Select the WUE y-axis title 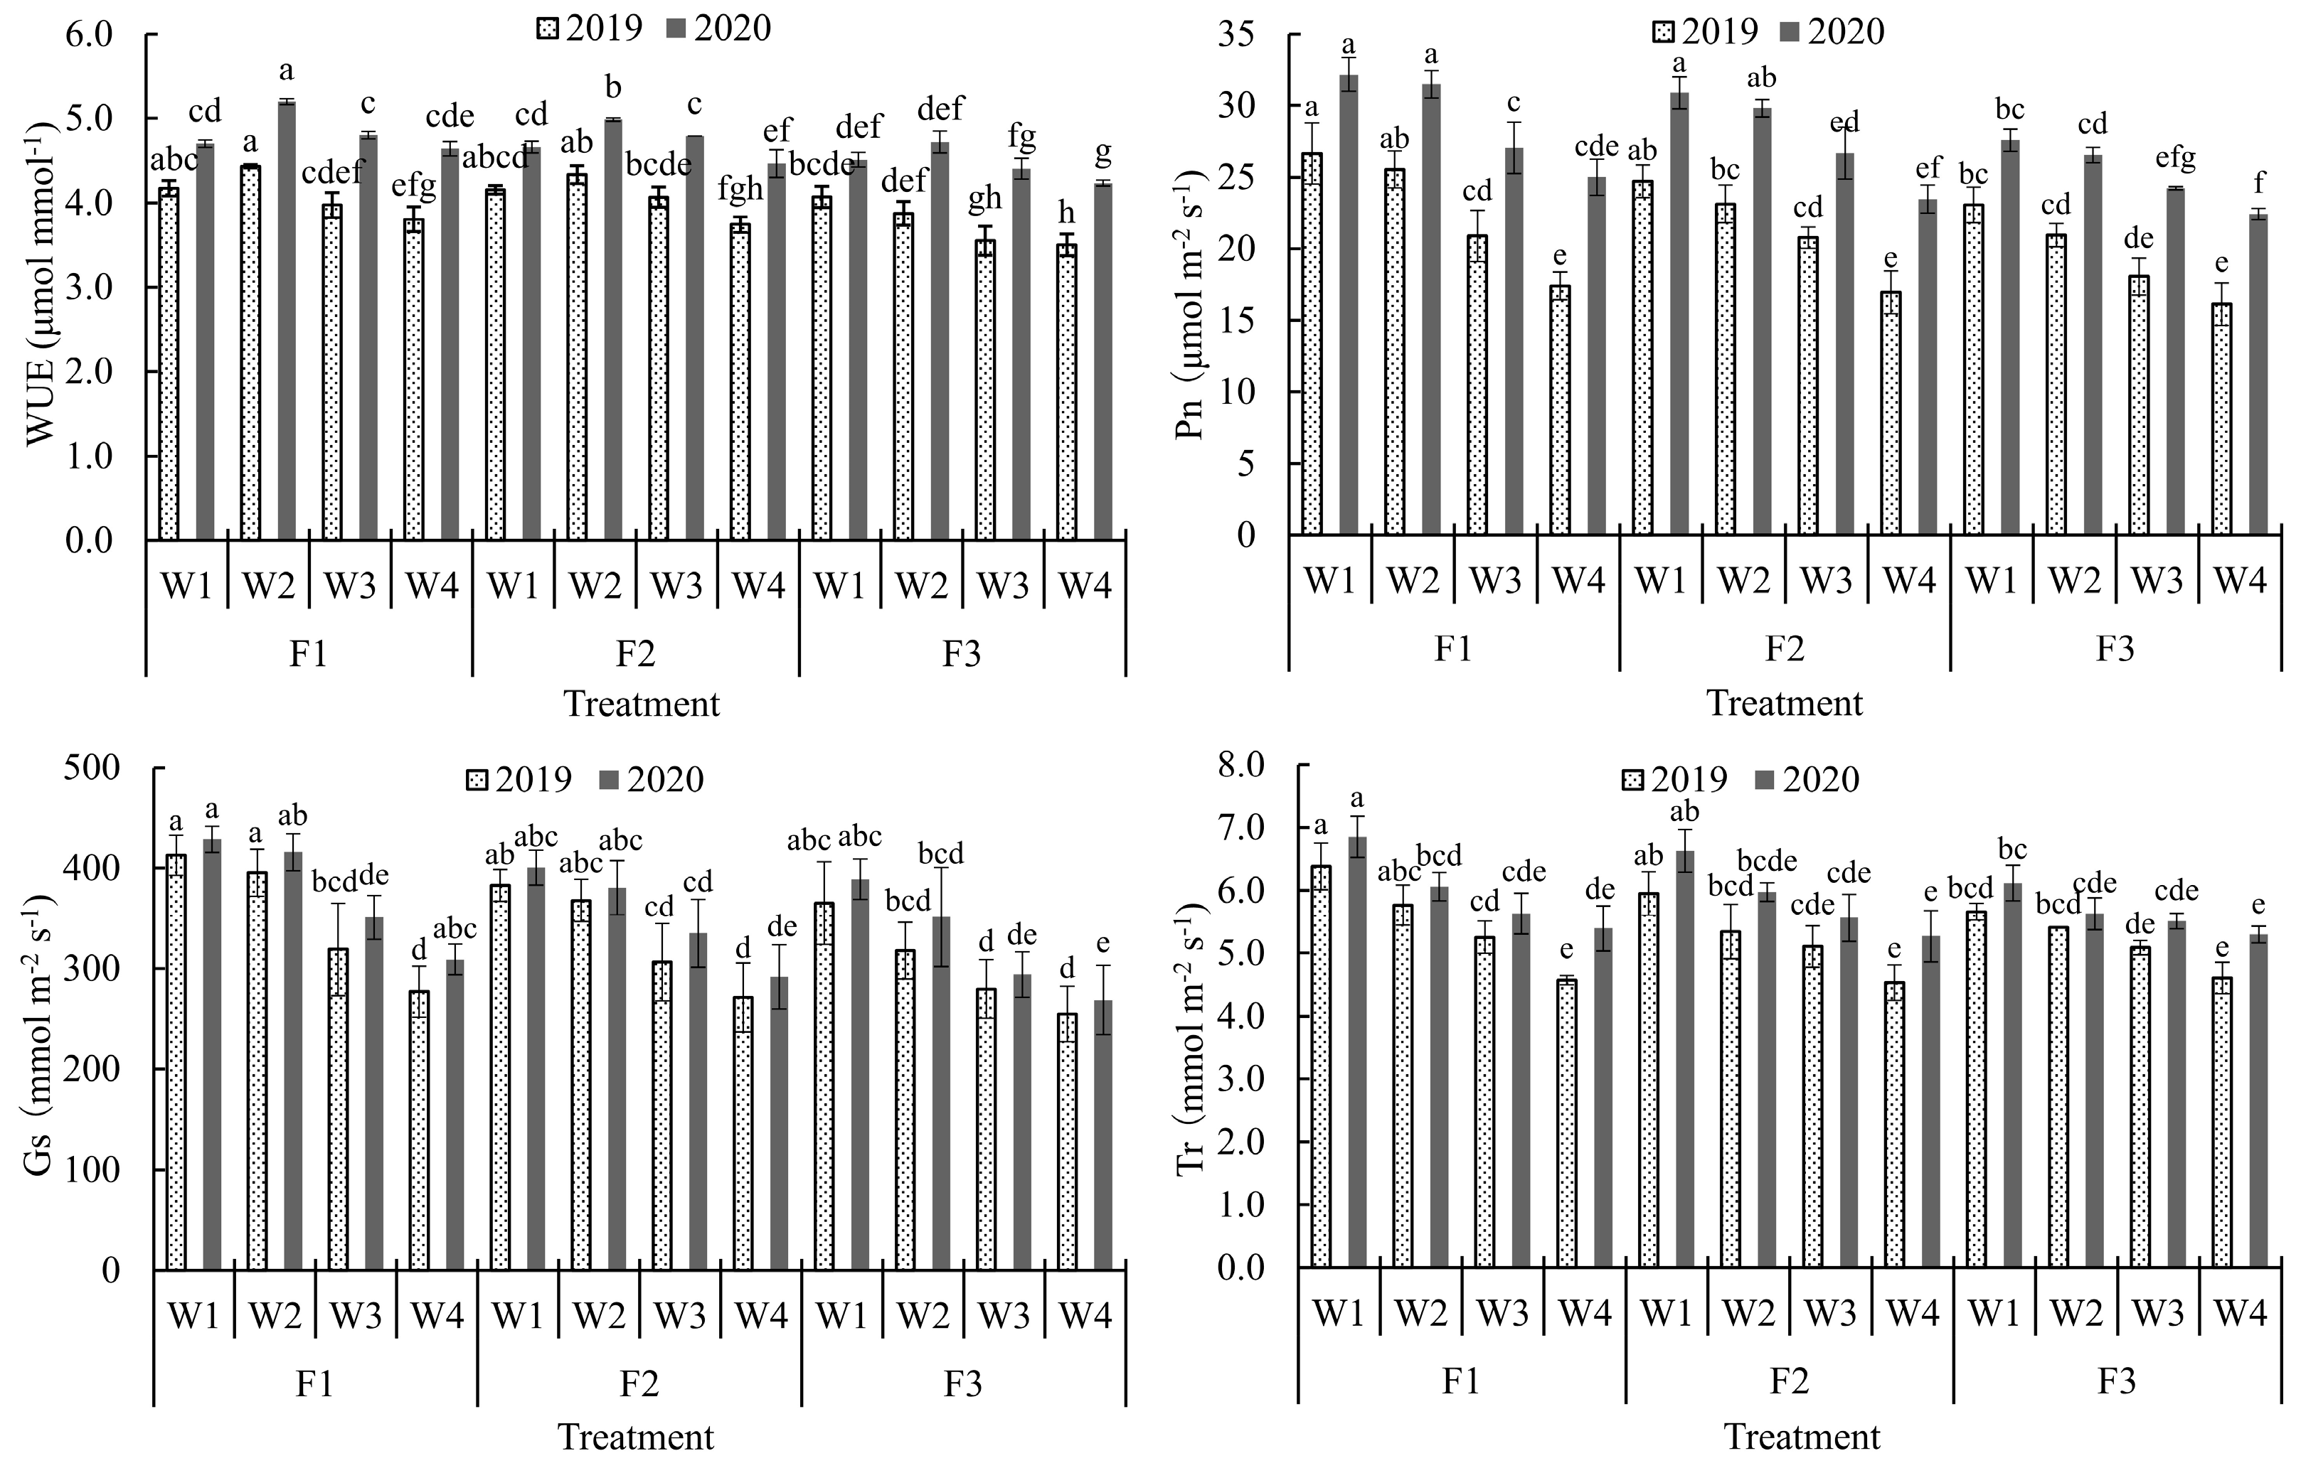pyautogui.click(x=43, y=286)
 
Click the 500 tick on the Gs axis pyautogui.click(x=92, y=767)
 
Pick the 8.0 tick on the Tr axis pyautogui.click(x=1238, y=764)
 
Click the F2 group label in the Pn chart pyautogui.click(x=1784, y=650)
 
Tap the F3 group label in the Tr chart pyautogui.click(x=2115, y=1381)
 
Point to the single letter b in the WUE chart pyautogui.click(x=613, y=88)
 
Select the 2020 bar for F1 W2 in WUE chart pyautogui.click(x=287, y=320)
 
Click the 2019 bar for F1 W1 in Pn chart pyautogui.click(x=1312, y=344)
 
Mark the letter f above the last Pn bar pyautogui.click(x=2259, y=184)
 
